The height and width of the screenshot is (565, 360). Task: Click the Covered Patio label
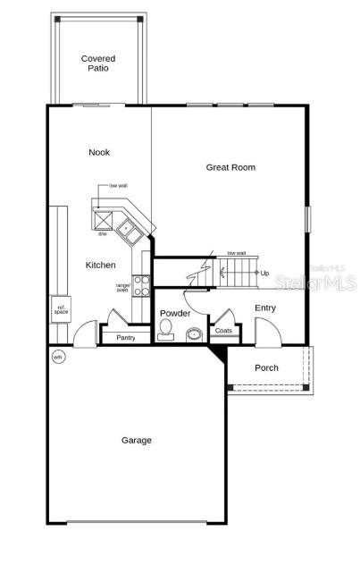tap(98, 63)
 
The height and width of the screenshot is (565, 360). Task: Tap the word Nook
tap(99, 153)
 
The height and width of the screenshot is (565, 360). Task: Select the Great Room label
tap(230, 167)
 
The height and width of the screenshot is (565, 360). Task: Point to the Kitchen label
tap(100, 266)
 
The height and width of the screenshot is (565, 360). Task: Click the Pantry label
tap(126, 337)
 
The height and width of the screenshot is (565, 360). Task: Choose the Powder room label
tap(174, 314)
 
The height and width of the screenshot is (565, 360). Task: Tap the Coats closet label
tap(222, 331)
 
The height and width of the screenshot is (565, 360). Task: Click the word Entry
tap(265, 308)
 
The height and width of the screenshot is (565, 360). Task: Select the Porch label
tap(266, 367)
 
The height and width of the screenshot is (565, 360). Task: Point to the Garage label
tap(137, 440)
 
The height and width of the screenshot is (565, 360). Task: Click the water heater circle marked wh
tap(58, 357)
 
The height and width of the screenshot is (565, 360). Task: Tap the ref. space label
tap(61, 310)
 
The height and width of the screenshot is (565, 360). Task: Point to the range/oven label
tap(123, 287)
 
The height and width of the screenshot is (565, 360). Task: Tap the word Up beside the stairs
tap(264, 273)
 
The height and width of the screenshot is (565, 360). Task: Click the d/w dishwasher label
tap(103, 234)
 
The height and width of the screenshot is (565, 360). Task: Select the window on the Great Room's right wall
tap(306, 218)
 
